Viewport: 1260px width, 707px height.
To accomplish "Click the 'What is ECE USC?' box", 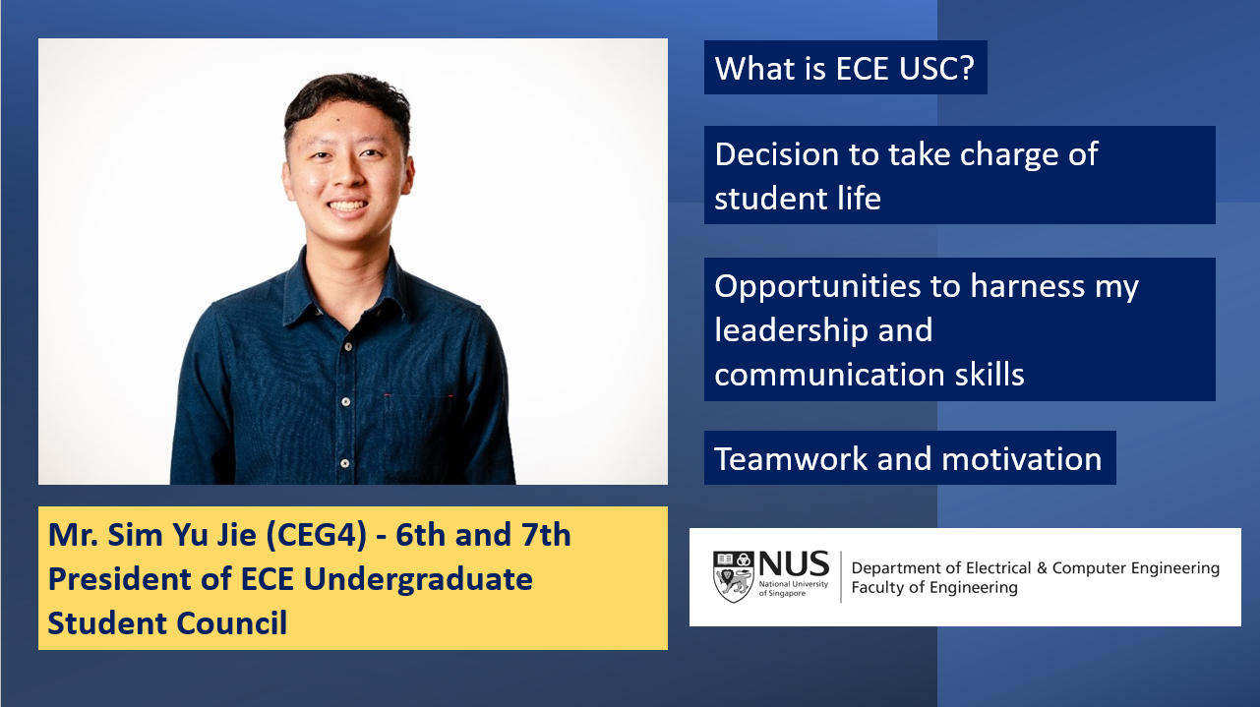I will tap(846, 69).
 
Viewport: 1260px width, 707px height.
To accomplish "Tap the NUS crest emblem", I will tap(732, 577).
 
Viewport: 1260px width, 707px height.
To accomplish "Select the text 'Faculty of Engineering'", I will tap(934, 588).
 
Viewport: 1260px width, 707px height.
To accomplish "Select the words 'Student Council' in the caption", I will tap(167, 622).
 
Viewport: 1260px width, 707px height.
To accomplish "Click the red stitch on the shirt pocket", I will tap(389, 395).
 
